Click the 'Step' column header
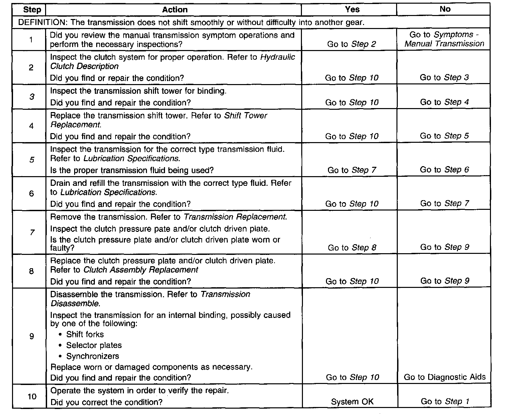(32, 10)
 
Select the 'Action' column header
(175, 10)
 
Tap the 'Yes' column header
(352, 9)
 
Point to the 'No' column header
(445, 9)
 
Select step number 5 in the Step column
(32, 160)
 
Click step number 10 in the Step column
(32, 397)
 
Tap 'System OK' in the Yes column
(352, 402)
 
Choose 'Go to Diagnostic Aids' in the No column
(445, 377)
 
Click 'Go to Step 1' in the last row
(445, 402)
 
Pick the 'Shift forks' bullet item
(85, 334)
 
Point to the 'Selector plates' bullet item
(94, 345)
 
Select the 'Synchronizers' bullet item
(93, 356)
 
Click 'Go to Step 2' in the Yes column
(352, 44)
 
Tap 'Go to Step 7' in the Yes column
(352, 170)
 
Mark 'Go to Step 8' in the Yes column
(352, 248)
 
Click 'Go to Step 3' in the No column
(444, 78)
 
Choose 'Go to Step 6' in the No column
(445, 170)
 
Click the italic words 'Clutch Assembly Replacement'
(141, 270)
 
